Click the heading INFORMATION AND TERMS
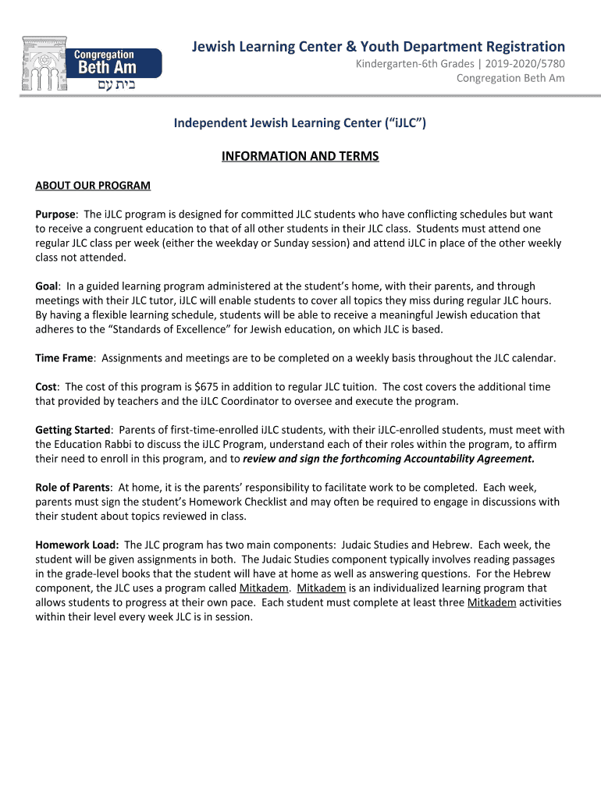(x=300, y=156)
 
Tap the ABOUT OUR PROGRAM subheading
(x=93, y=186)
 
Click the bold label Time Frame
(x=65, y=358)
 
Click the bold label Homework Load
(x=76, y=545)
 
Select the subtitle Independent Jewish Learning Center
(x=300, y=123)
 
